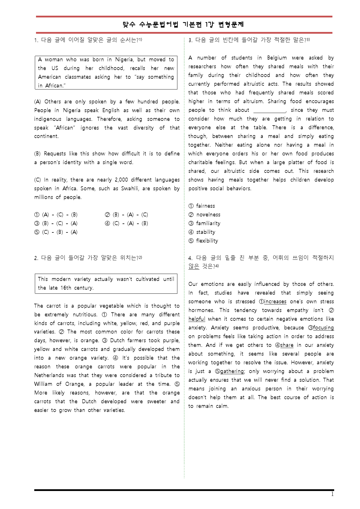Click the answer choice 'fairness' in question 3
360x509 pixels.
click(205, 206)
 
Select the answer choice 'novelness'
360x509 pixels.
click(208, 215)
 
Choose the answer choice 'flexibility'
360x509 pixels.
click(207, 241)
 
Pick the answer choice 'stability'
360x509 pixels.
click(206, 232)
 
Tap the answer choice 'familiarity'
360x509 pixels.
click(208, 223)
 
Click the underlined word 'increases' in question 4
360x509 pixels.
click(275, 302)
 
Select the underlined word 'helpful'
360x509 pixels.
click(197, 319)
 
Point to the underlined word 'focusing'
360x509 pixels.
click(323, 328)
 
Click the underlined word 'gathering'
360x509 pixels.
click(232, 371)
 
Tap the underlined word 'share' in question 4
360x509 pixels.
click(287, 345)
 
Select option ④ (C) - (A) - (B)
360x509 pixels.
click(127, 223)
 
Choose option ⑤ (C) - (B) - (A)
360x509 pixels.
click(56, 232)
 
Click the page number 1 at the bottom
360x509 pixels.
click(332, 494)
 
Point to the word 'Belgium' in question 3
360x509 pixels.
click(277, 58)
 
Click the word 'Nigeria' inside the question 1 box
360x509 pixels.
click(124, 60)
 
